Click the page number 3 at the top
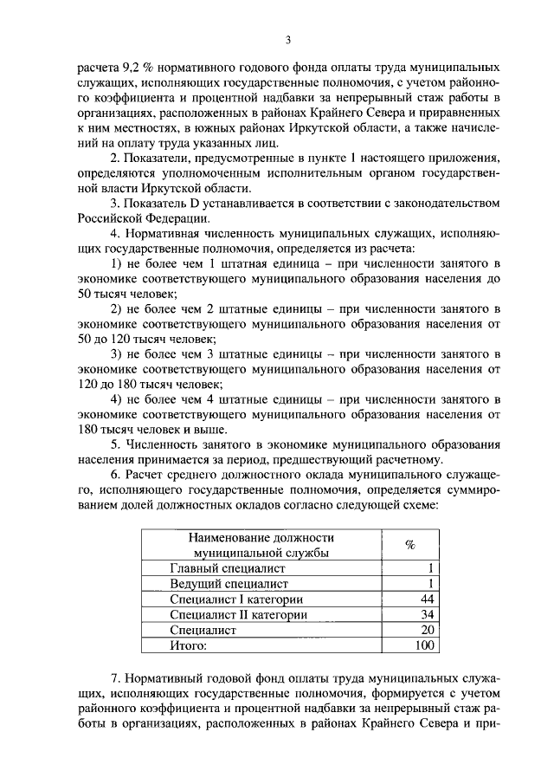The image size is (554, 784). (x=287, y=38)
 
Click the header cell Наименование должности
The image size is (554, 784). (x=262, y=537)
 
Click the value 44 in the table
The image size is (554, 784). (x=424, y=599)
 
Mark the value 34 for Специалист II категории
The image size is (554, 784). (x=424, y=615)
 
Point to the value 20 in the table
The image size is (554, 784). (x=424, y=630)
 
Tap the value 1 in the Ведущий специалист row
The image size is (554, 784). (x=428, y=584)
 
